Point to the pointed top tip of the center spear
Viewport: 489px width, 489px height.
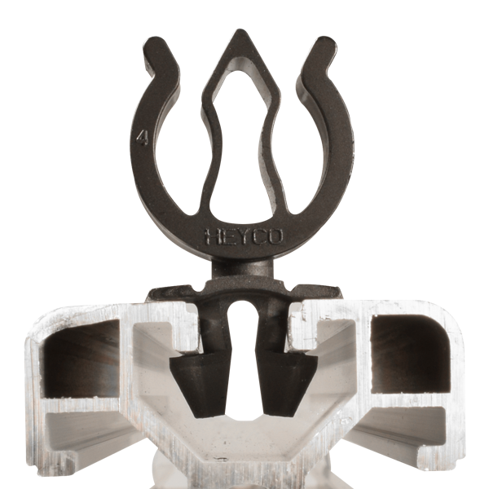243,37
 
